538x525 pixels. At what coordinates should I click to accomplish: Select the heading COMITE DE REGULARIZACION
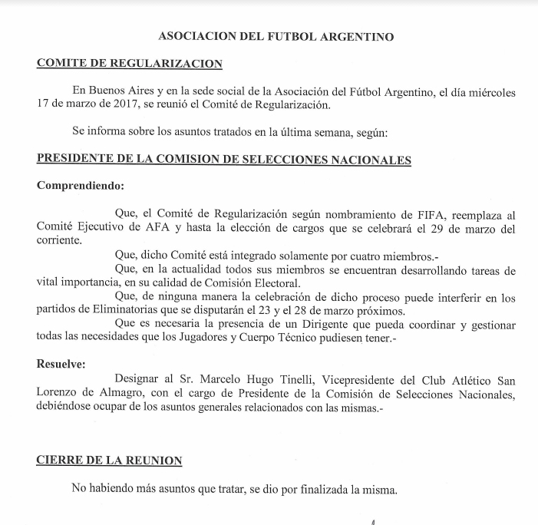point(130,64)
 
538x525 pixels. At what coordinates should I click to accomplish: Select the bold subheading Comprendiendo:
point(80,185)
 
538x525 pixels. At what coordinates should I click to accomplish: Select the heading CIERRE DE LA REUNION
point(110,461)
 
